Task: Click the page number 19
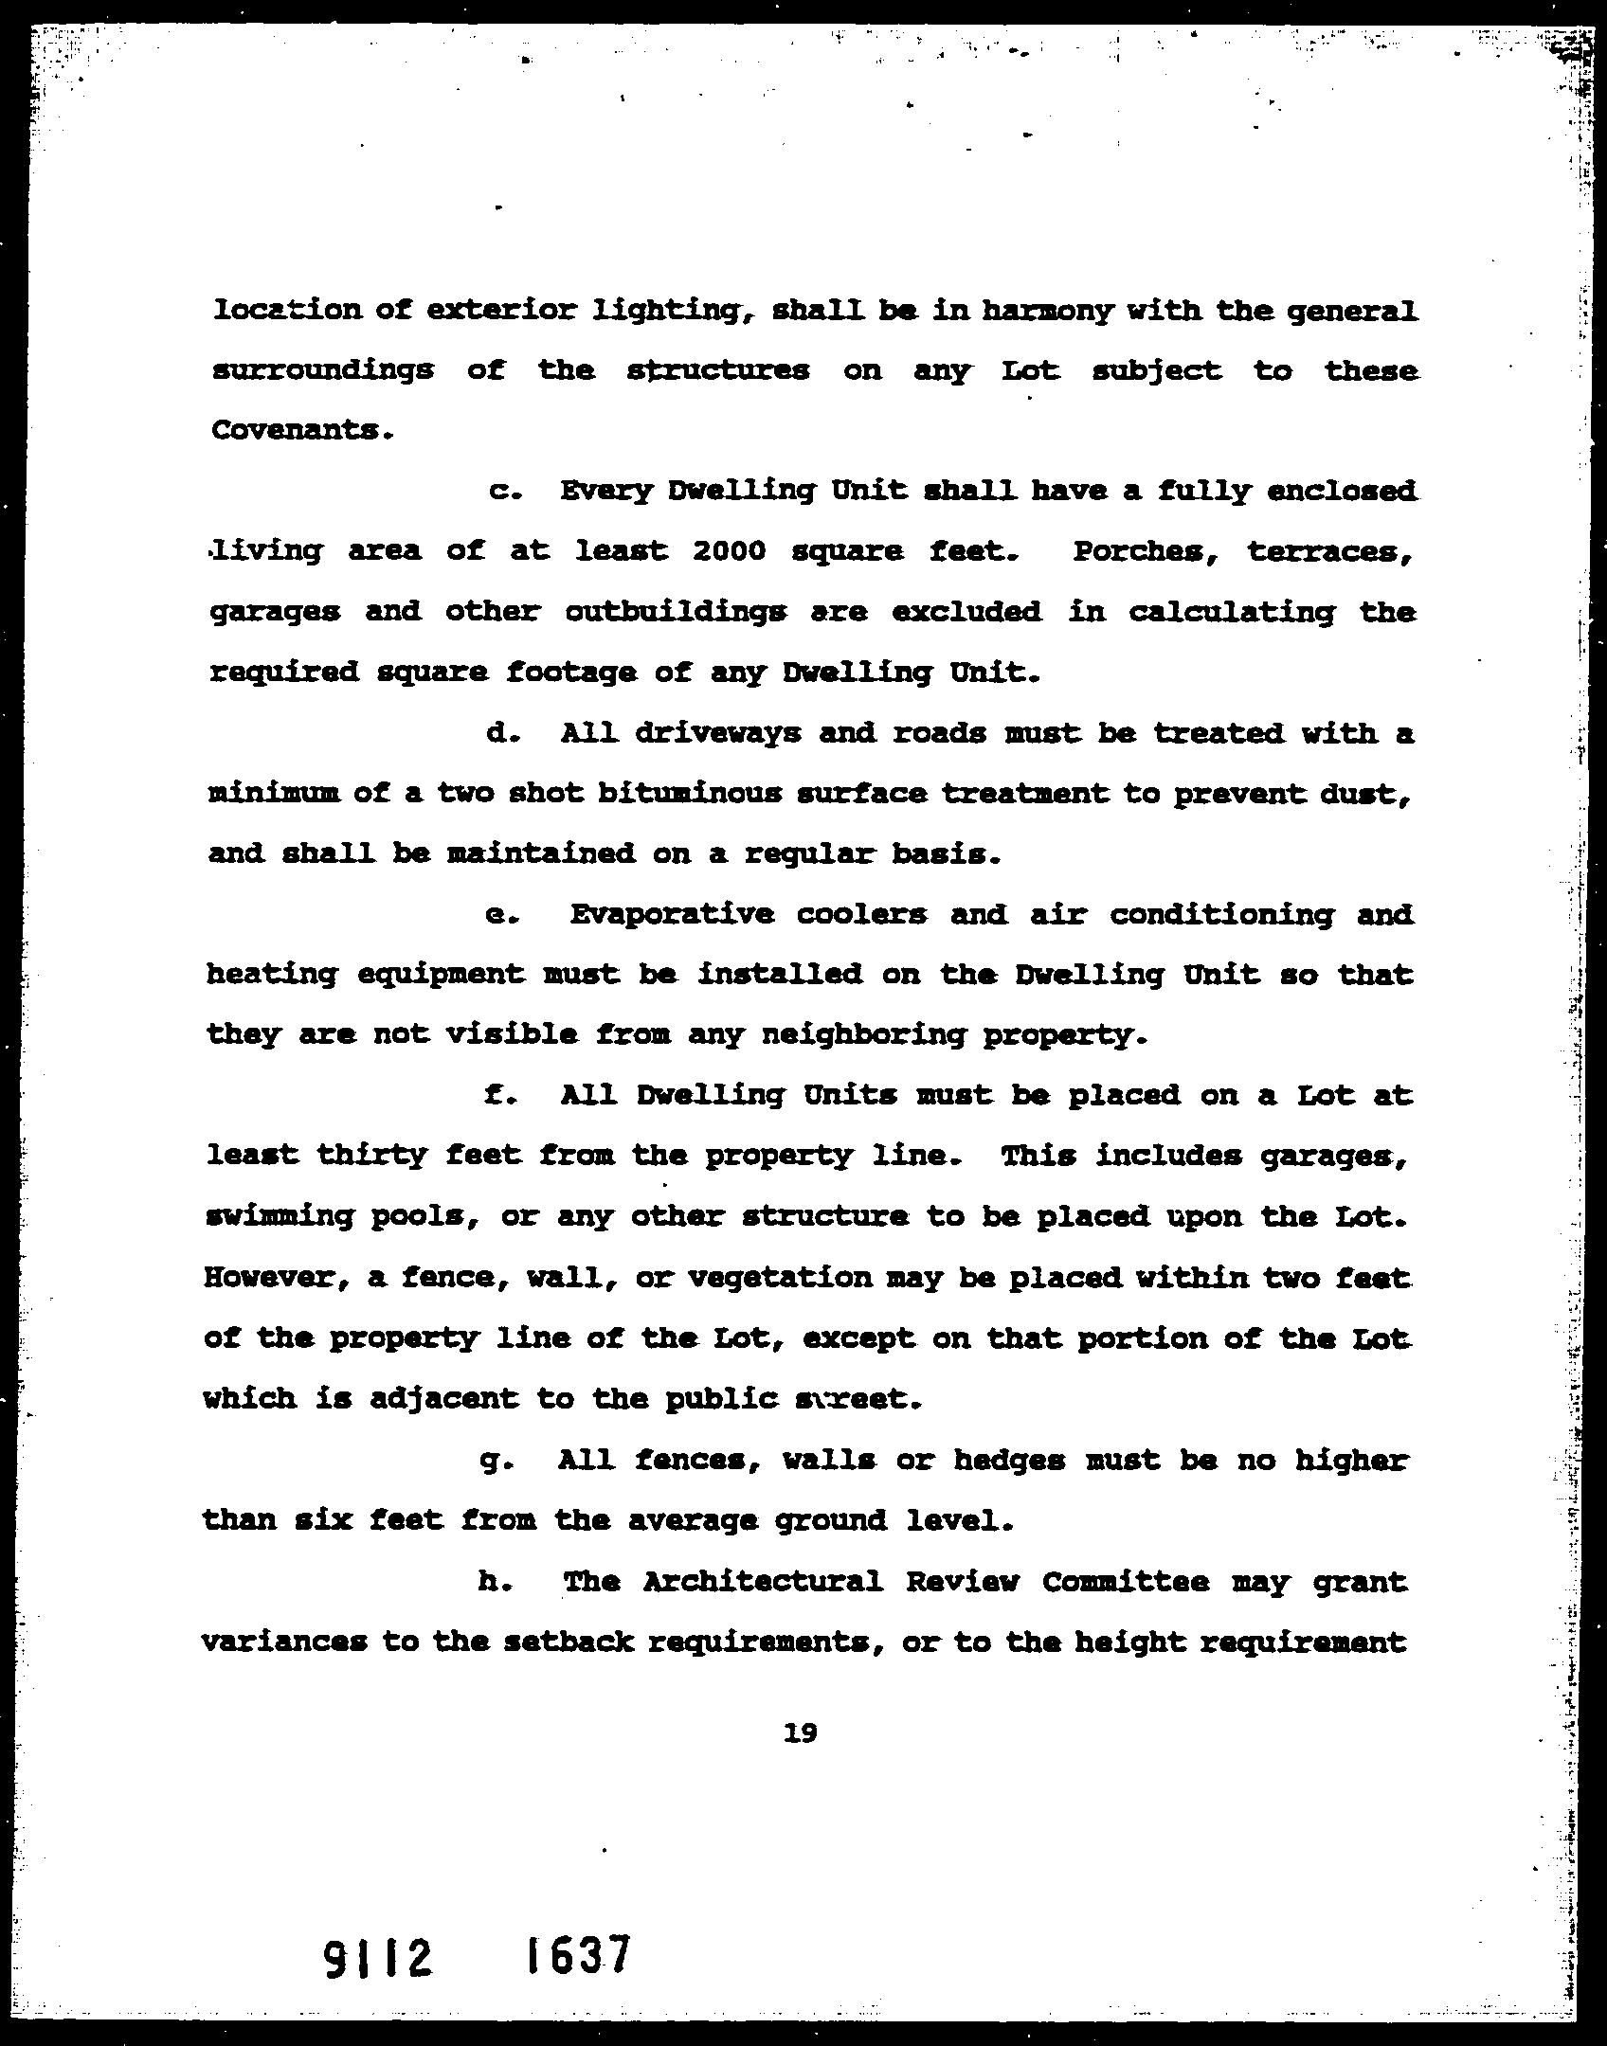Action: tap(801, 1733)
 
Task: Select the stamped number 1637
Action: tap(577, 1955)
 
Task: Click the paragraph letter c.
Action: tap(500, 492)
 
